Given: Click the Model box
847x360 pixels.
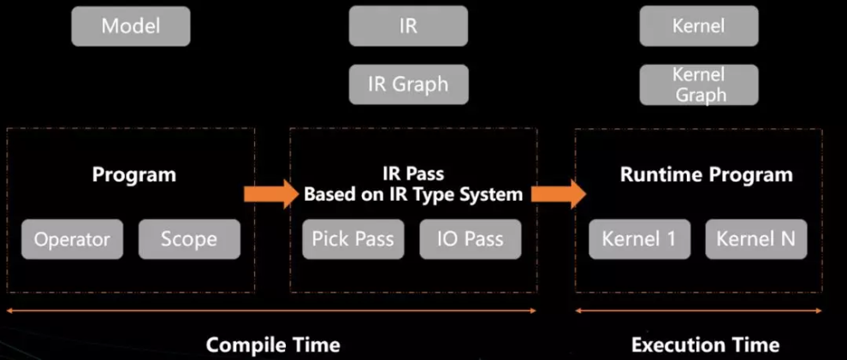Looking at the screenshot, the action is pyautogui.click(x=131, y=26).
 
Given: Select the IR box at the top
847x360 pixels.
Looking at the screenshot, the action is pyautogui.click(x=408, y=26).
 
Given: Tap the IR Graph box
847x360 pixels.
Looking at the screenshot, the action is pyautogui.click(x=408, y=84).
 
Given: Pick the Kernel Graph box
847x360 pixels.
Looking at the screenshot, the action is pyautogui.click(x=699, y=85).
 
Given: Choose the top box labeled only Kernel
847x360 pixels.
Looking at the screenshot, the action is pyautogui.click(x=699, y=26).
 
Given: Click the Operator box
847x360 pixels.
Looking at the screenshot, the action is pyautogui.click(x=73, y=239).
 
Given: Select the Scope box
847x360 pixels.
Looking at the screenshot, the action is pyautogui.click(x=190, y=239).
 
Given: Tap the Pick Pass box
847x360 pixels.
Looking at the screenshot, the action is pyautogui.click(x=353, y=239).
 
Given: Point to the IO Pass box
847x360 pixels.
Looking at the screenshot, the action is pyautogui.click(x=471, y=239).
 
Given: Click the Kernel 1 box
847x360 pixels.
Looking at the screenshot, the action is pyautogui.click(x=640, y=239).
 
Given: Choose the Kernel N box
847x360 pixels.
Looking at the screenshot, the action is pyautogui.click(x=756, y=239).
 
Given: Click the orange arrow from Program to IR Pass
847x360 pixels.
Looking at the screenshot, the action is pyautogui.click(x=271, y=194).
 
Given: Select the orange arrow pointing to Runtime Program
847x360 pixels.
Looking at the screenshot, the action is pyautogui.click(x=559, y=194).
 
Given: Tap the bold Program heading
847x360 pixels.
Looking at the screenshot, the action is pyautogui.click(x=134, y=175).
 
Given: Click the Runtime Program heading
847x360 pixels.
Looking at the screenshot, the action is pyautogui.click(x=707, y=175).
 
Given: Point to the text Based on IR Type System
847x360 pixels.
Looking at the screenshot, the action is pyautogui.click(x=413, y=194).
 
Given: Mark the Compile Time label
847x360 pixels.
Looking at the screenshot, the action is pyautogui.click(x=273, y=345).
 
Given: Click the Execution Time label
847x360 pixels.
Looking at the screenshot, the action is pyautogui.click(x=706, y=345).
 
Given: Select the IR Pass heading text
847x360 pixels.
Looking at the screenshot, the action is pyautogui.click(x=412, y=174).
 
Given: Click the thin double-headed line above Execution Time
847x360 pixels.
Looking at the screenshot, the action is pyautogui.click(x=698, y=310).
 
